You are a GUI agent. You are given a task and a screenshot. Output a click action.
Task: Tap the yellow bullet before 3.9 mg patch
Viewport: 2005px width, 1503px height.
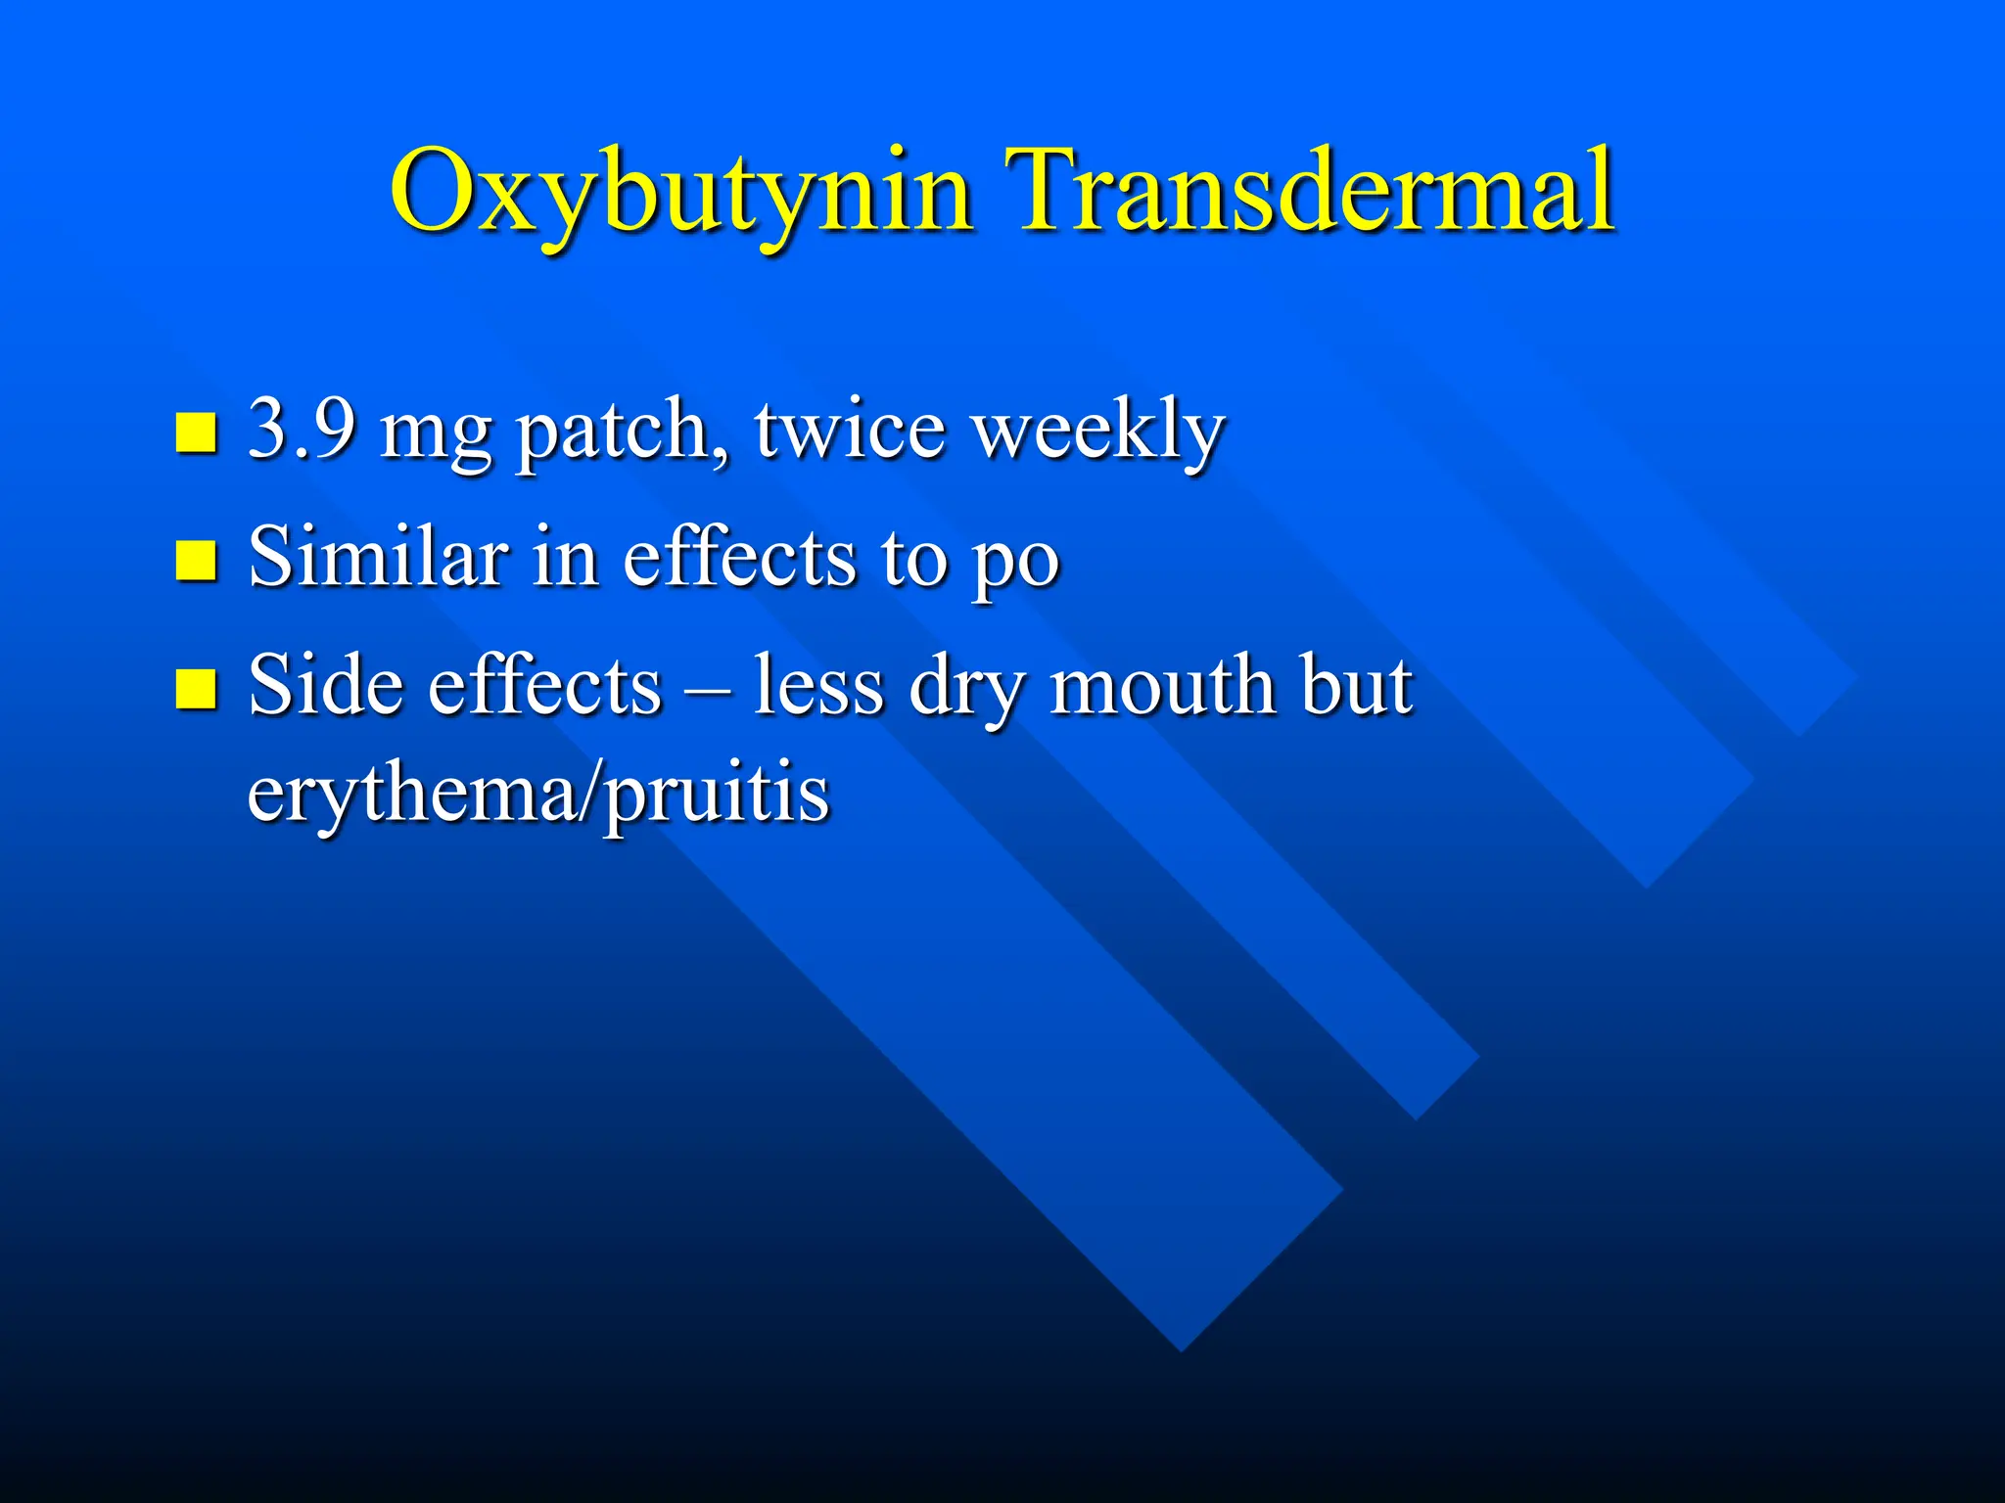(x=196, y=432)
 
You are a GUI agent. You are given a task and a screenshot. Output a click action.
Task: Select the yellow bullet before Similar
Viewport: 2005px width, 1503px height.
(x=196, y=560)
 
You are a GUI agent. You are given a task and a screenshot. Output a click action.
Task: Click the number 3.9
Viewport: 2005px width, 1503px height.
(x=302, y=429)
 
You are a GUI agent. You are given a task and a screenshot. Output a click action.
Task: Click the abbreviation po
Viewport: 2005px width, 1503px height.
(x=1014, y=564)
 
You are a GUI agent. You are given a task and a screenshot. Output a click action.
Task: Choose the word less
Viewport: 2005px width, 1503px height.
(x=817, y=684)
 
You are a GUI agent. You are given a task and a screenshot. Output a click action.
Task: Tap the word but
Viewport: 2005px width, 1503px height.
(x=1356, y=684)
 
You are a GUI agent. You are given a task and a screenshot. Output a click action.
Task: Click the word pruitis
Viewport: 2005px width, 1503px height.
(x=716, y=797)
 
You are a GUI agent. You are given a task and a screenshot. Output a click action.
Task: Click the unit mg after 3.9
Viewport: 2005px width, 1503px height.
(x=436, y=435)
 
